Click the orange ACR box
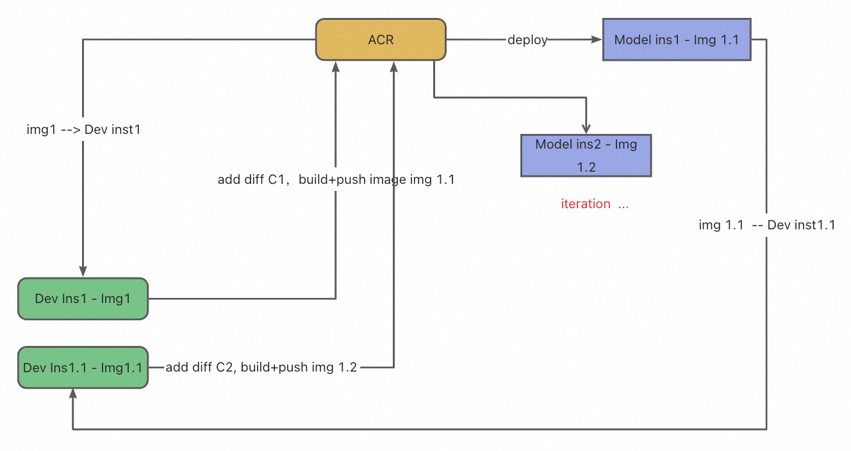pos(381,40)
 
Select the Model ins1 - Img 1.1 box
pos(676,40)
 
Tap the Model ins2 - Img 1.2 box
pos(586,155)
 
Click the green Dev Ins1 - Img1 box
pos(83,299)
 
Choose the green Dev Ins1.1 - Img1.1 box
pos(83,368)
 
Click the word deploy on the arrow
pos(527,40)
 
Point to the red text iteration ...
pos(586,204)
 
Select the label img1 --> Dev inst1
pos(83,129)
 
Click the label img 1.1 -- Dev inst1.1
pos(766,225)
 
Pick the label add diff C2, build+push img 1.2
pos(261,367)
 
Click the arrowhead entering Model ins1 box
pos(597,40)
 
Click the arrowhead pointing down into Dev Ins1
pos(83,272)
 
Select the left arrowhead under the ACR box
pos(336,67)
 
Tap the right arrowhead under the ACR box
pos(393,67)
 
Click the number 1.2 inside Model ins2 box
pos(586,167)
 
